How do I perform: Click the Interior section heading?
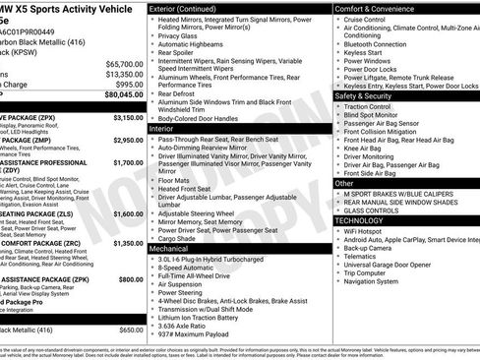(x=161, y=129)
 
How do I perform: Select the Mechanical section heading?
(x=168, y=250)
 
